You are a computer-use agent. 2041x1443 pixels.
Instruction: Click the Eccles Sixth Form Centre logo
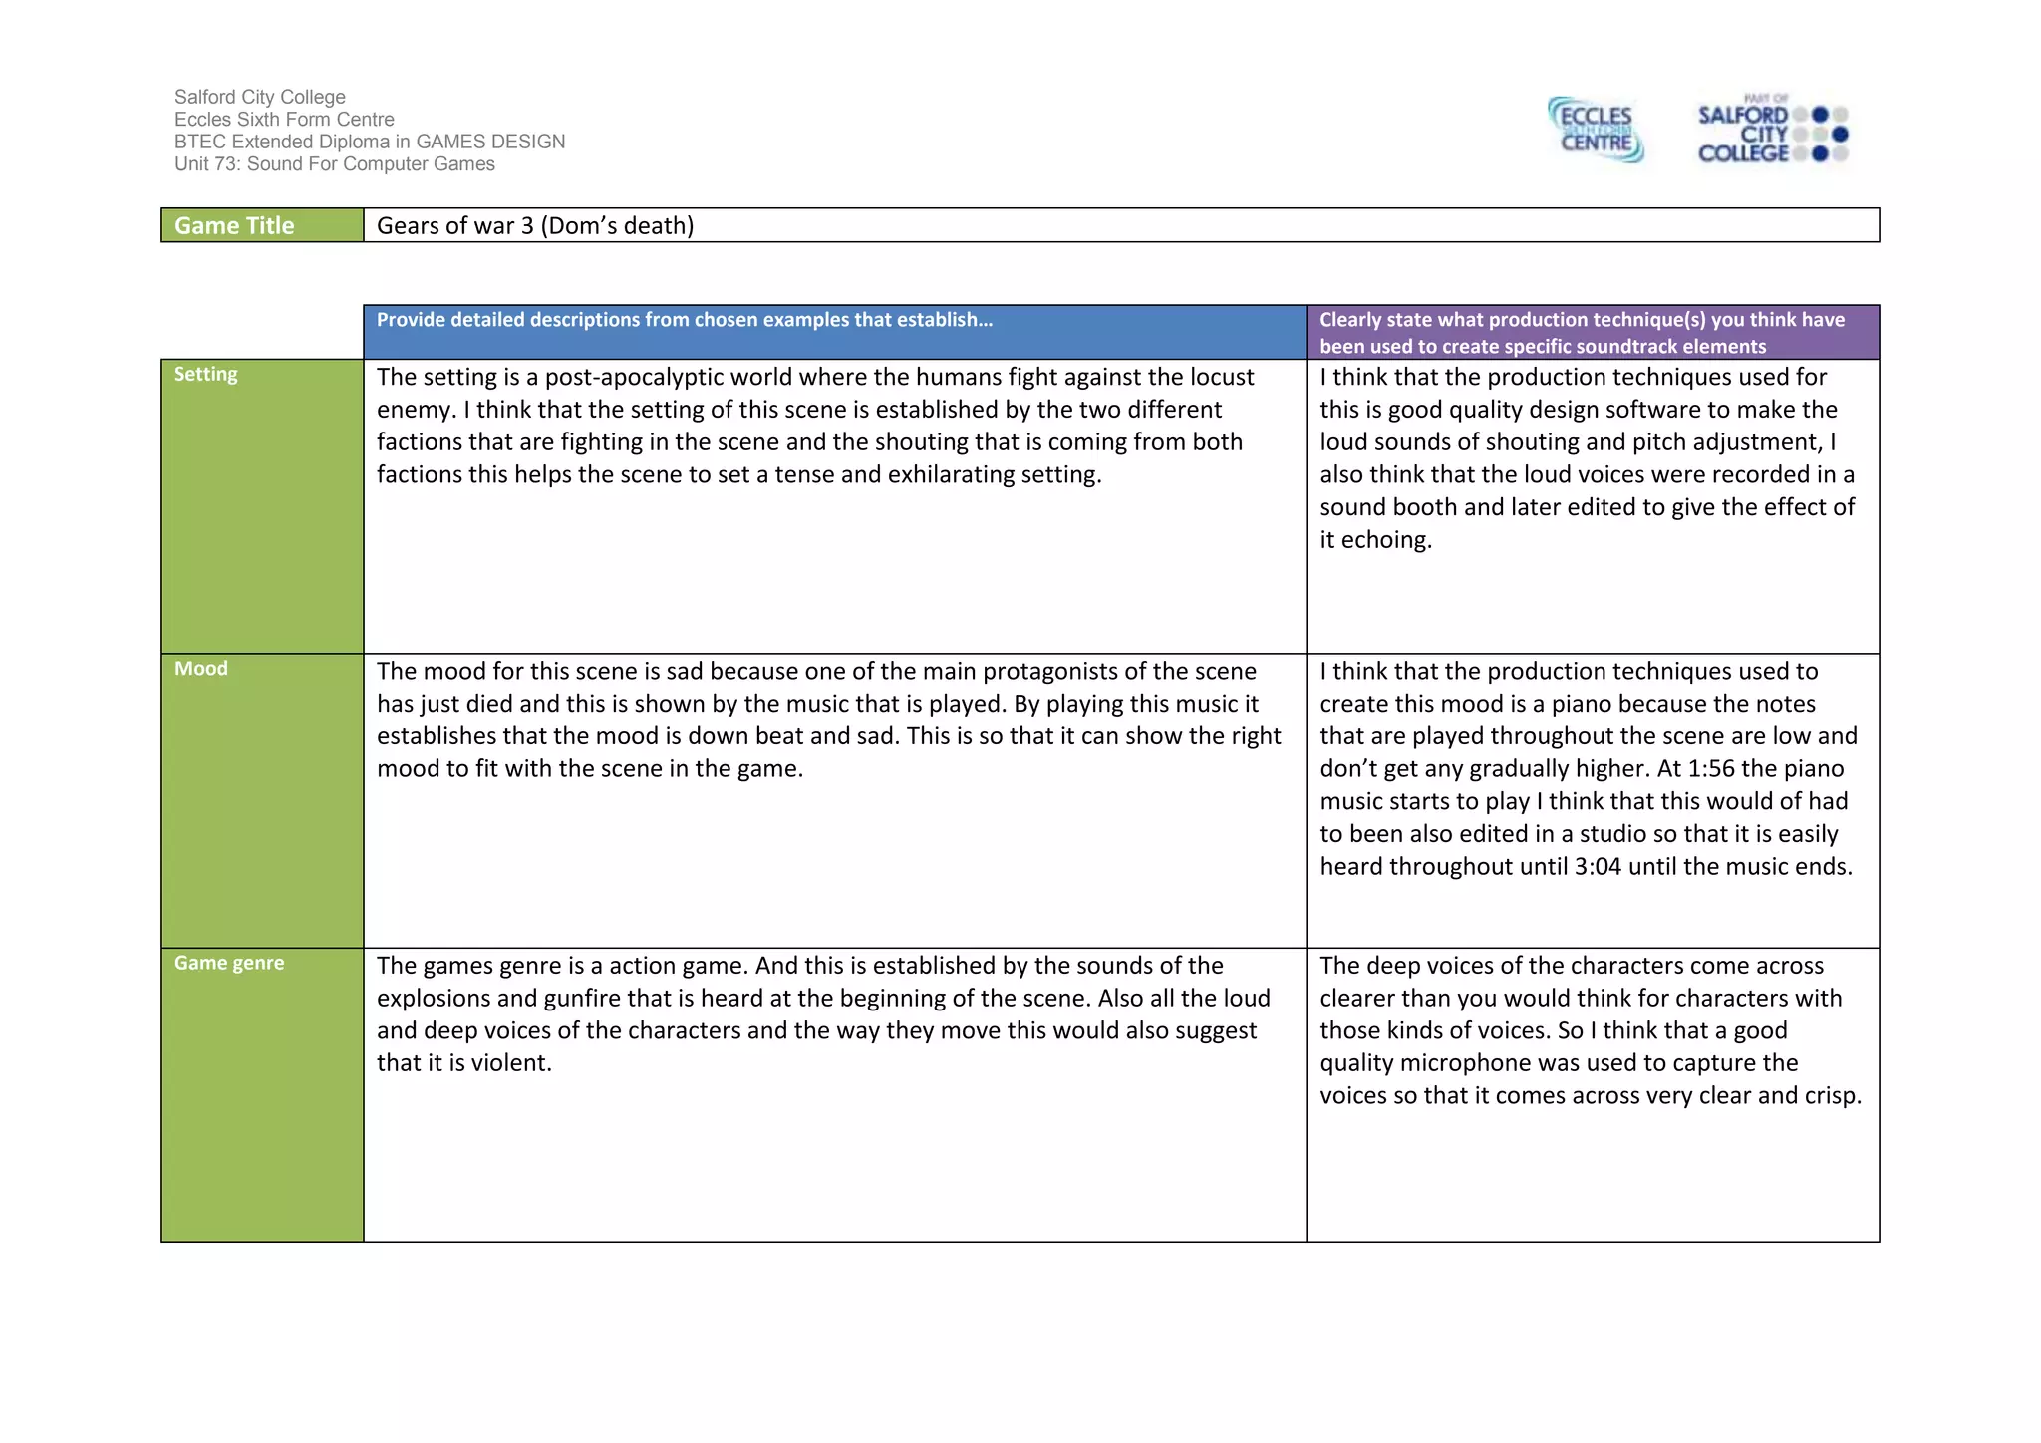(x=1597, y=130)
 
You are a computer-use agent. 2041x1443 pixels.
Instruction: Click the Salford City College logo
(x=1772, y=130)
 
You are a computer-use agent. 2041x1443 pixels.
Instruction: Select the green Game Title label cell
(x=262, y=225)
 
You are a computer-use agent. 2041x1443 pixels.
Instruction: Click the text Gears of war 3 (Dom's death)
(x=535, y=225)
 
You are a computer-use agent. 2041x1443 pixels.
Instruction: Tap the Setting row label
(x=206, y=374)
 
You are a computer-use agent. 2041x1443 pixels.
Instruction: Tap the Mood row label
(x=201, y=668)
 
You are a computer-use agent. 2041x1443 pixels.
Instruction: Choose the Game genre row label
(x=229, y=963)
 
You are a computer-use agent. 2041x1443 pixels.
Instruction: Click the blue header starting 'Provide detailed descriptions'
(x=685, y=320)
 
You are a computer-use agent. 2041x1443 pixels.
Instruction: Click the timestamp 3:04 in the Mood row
(x=1598, y=867)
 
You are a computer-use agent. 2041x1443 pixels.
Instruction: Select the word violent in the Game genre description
(x=510, y=1063)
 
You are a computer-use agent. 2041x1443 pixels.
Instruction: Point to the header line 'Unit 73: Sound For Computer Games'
(x=335, y=164)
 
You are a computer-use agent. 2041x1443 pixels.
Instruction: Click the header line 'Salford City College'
(x=260, y=97)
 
